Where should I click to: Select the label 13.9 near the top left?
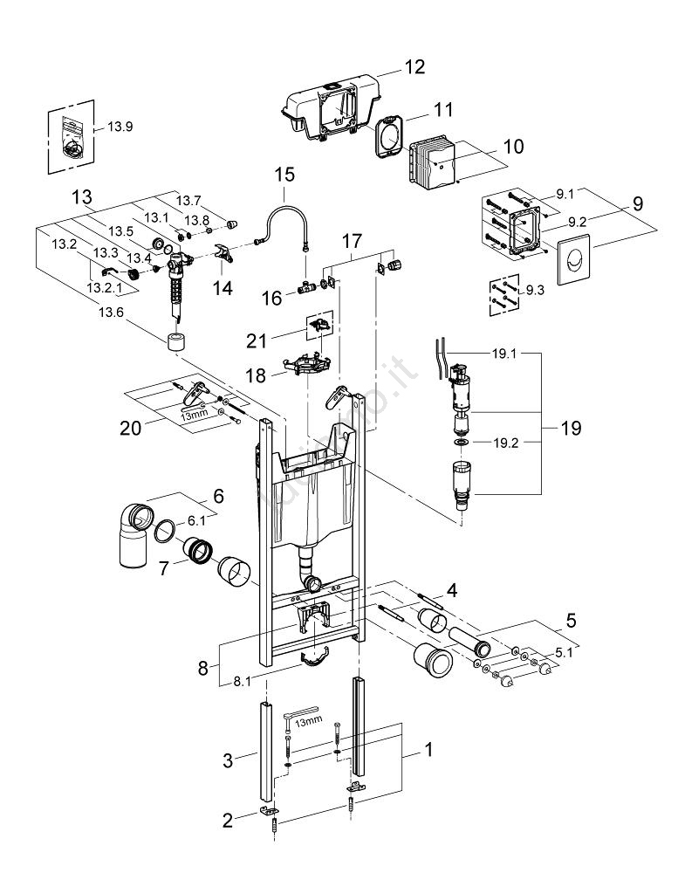pos(120,127)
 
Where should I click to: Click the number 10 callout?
pos(514,147)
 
